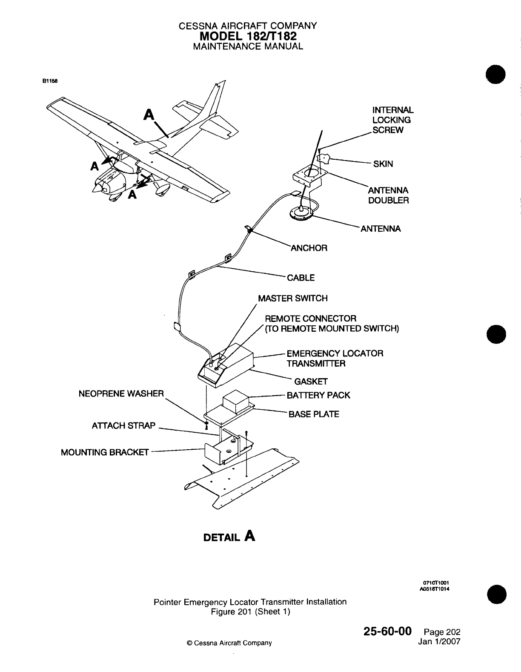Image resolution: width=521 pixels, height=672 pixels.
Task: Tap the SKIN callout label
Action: (383, 164)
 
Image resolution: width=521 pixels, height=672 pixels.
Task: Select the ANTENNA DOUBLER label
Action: (388, 195)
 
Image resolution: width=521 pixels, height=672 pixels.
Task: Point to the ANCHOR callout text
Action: (309, 248)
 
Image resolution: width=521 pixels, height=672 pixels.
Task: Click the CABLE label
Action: (301, 278)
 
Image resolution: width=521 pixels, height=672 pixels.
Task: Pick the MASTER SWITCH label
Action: (293, 298)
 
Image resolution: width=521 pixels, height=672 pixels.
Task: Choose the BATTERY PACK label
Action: (318, 395)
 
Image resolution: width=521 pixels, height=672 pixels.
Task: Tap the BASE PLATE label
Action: (314, 414)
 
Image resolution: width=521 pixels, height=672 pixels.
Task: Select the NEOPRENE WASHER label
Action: (121, 393)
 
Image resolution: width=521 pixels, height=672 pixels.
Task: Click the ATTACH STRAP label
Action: (124, 426)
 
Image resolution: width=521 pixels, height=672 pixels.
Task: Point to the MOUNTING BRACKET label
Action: (105, 452)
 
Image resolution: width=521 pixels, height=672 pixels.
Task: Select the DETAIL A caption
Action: (230, 536)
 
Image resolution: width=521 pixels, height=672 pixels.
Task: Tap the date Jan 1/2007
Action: (439, 641)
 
